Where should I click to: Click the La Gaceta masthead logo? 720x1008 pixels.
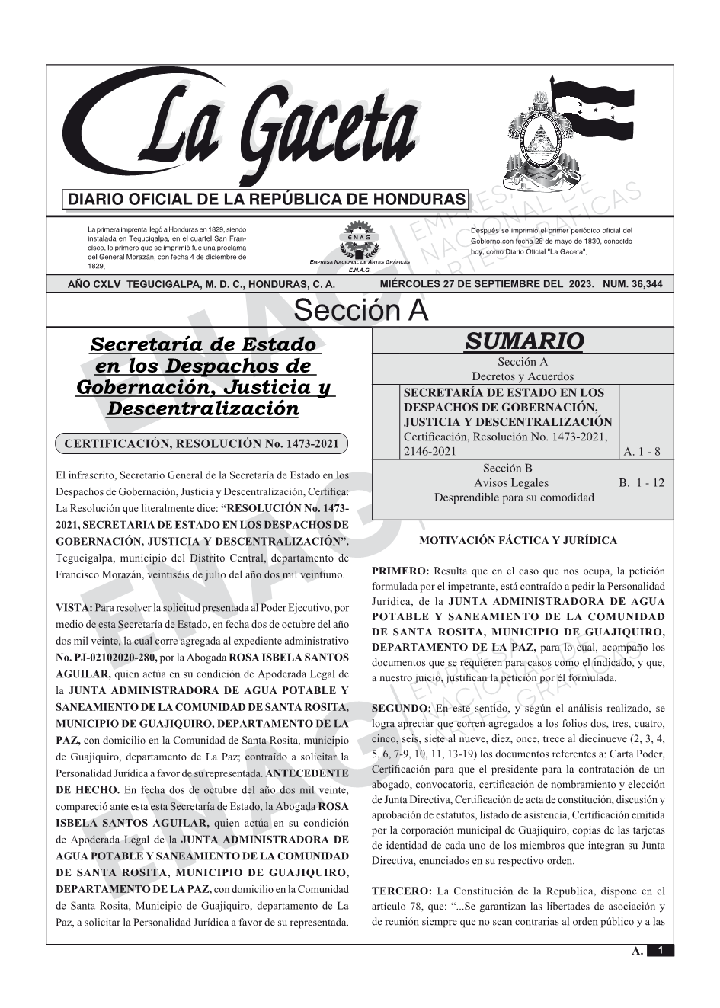pyautogui.click(x=251, y=130)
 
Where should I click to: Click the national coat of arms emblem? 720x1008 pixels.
pyautogui.click(x=542, y=145)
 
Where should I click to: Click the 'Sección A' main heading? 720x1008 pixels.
pyautogui.click(x=360, y=311)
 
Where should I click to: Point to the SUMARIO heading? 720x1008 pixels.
pyautogui.click(x=523, y=341)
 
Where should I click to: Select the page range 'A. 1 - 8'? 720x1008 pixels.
pyautogui.click(x=642, y=452)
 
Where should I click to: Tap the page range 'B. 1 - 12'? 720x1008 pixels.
pyautogui.click(x=642, y=483)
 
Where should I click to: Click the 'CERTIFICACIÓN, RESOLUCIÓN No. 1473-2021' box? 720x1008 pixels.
pyautogui.click(x=202, y=443)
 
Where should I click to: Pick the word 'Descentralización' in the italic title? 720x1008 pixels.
pyautogui.click(x=203, y=409)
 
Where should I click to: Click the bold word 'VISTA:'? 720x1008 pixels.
pyautogui.click(x=74, y=608)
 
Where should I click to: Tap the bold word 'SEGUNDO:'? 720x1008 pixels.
pyautogui.click(x=401, y=709)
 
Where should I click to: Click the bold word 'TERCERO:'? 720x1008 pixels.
pyautogui.click(x=402, y=891)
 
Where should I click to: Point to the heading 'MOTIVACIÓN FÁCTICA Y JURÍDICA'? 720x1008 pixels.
pyautogui.click(x=518, y=541)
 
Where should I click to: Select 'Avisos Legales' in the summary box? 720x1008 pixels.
pyautogui.click(x=510, y=483)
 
